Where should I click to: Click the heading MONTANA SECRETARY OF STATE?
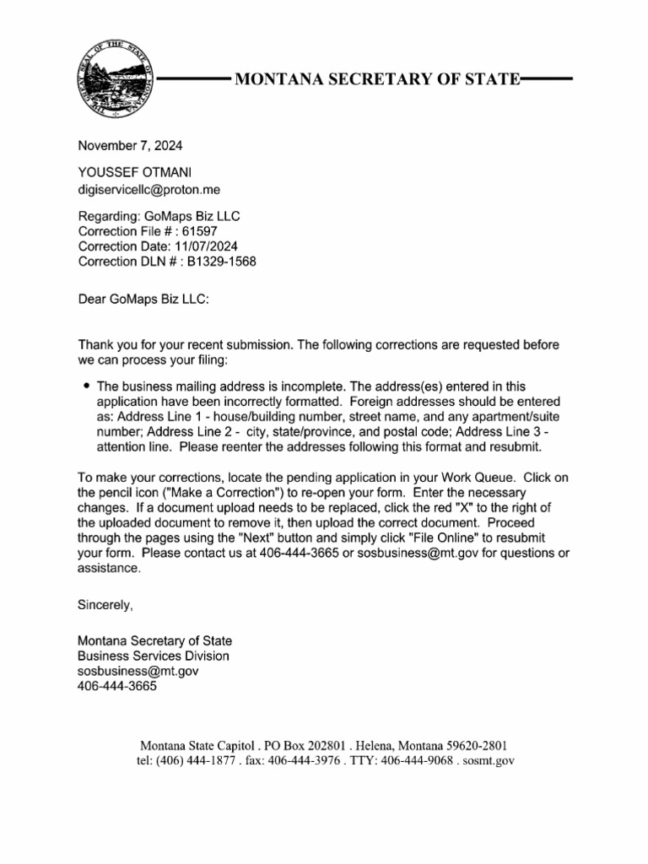(376, 80)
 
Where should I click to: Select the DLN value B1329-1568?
(228, 262)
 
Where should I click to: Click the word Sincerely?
(105, 605)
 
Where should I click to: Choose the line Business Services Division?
(153, 656)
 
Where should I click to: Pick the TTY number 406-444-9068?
(417, 761)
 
